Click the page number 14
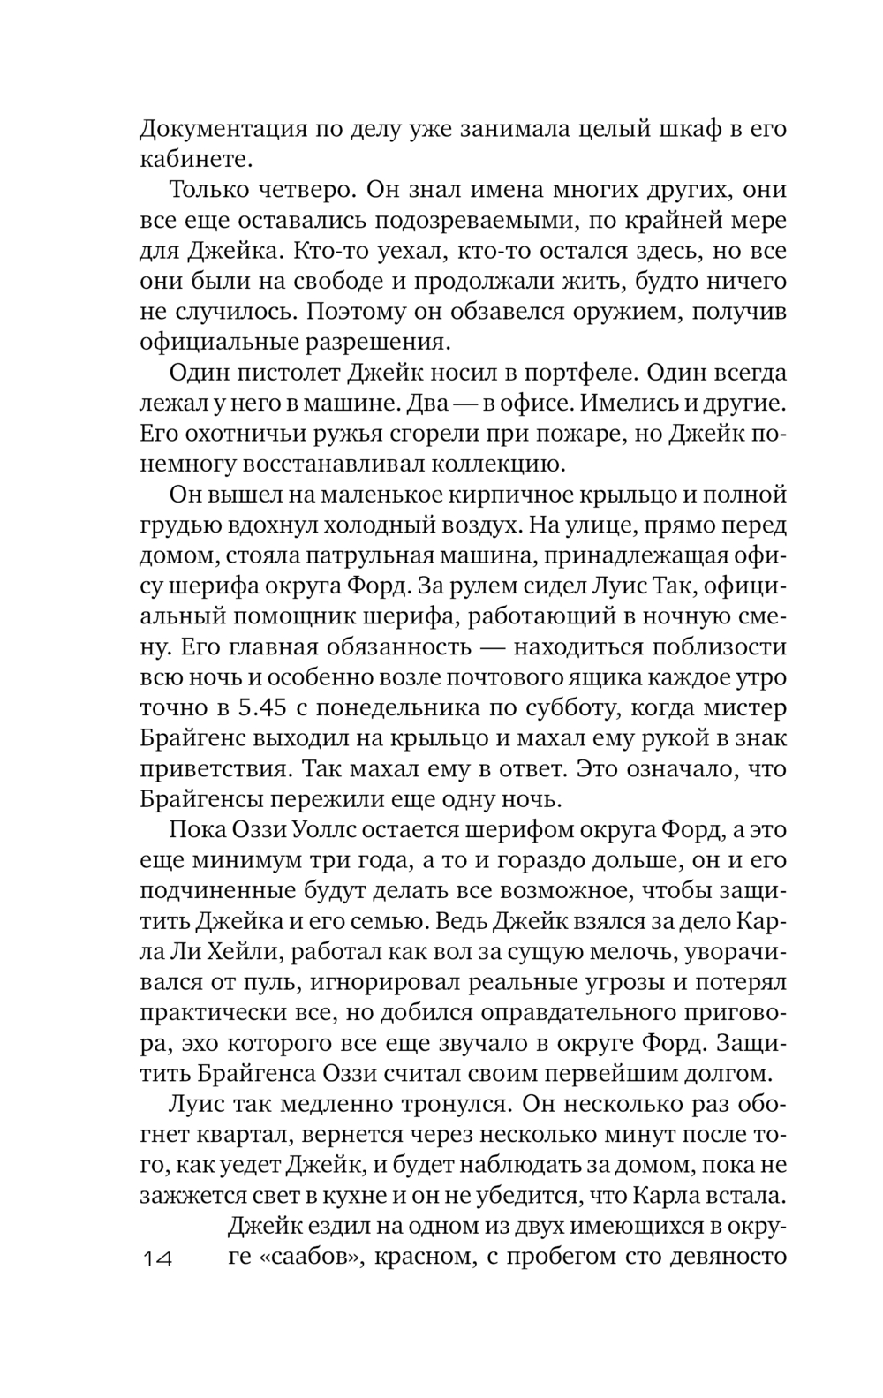pyautogui.click(x=159, y=1258)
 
